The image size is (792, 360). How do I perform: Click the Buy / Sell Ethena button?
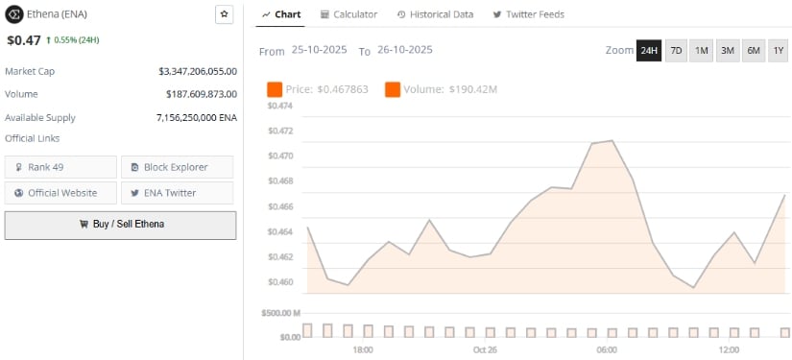(x=120, y=224)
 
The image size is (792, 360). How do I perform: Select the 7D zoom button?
(x=675, y=50)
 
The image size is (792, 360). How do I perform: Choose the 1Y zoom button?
(x=778, y=50)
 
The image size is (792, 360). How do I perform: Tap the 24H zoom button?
(x=649, y=50)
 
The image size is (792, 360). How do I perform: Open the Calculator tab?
(x=348, y=14)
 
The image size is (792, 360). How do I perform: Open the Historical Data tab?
(x=435, y=14)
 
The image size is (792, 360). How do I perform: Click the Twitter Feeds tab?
(x=528, y=14)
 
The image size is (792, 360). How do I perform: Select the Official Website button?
(x=60, y=192)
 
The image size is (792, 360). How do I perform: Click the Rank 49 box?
(x=60, y=167)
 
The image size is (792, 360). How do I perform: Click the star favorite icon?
(x=224, y=14)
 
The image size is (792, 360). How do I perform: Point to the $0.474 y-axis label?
(x=279, y=106)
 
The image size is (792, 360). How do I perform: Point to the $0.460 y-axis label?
(x=279, y=282)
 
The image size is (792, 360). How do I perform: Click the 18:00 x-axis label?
(x=363, y=349)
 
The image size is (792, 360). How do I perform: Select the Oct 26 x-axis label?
(x=485, y=349)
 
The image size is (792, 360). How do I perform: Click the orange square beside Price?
(x=275, y=89)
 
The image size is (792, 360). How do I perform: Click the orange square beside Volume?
(x=392, y=89)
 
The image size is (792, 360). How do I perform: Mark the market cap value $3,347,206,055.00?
(x=198, y=71)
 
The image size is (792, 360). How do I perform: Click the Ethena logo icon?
(x=14, y=14)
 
